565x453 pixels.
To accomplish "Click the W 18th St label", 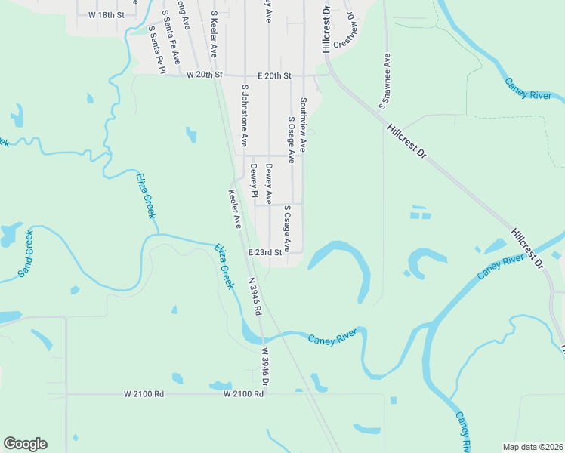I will (x=105, y=14).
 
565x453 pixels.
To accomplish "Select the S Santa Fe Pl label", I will (x=156, y=49).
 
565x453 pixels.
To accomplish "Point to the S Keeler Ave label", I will (x=214, y=34).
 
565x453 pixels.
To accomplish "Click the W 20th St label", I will (x=206, y=75).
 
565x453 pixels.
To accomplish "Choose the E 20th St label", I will (x=273, y=75).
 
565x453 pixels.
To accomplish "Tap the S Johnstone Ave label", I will (x=244, y=115).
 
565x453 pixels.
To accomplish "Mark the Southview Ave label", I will (x=303, y=125).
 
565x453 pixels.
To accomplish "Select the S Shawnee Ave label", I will (x=384, y=79).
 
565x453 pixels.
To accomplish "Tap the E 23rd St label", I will (x=264, y=252).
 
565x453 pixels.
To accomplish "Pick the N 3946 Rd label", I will (x=255, y=296).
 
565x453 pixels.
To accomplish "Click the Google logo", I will (x=25, y=444).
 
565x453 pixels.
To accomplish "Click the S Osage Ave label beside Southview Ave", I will (x=290, y=135).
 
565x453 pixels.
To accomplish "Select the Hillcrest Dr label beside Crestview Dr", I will (x=326, y=29).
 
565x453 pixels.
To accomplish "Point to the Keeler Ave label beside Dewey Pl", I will (x=234, y=208).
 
